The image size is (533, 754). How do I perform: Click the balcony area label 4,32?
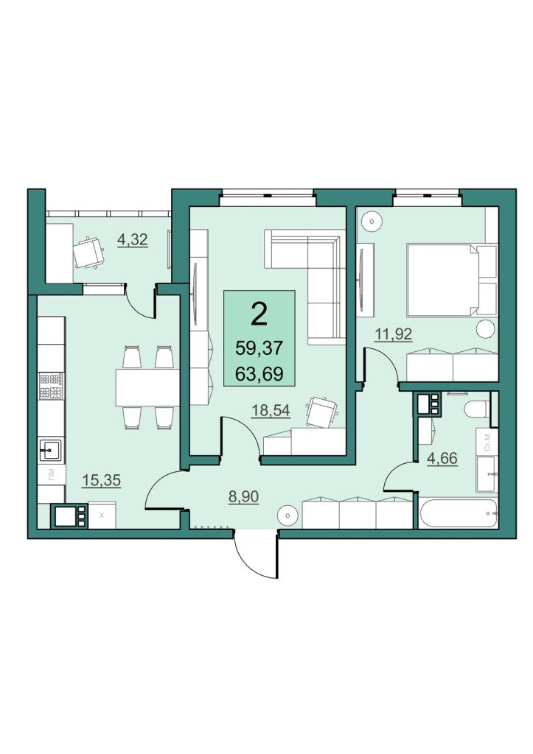pyautogui.click(x=133, y=239)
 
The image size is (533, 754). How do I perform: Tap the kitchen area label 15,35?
pyautogui.click(x=101, y=480)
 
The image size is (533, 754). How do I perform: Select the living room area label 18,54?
pyautogui.click(x=271, y=410)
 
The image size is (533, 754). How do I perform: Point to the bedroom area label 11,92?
pyautogui.click(x=394, y=334)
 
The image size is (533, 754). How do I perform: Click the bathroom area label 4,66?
pyautogui.click(x=442, y=458)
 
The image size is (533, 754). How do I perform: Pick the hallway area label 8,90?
pyautogui.click(x=243, y=497)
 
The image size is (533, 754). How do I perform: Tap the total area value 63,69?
pyautogui.click(x=259, y=373)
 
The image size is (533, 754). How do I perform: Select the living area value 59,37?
pyautogui.click(x=259, y=348)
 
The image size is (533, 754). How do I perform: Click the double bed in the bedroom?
pyautogui.click(x=451, y=280)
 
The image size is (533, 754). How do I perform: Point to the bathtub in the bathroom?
pyautogui.click(x=458, y=513)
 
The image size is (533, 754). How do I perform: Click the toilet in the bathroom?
pyautogui.click(x=477, y=410)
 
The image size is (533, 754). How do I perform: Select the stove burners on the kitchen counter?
pyautogui.click(x=51, y=386)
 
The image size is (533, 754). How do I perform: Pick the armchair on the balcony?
pyautogui.click(x=88, y=252)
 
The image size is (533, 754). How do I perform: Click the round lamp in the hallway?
pyautogui.click(x=288, y=516)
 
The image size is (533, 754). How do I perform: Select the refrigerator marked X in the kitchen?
pyautogui.click(x=101, y=515)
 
